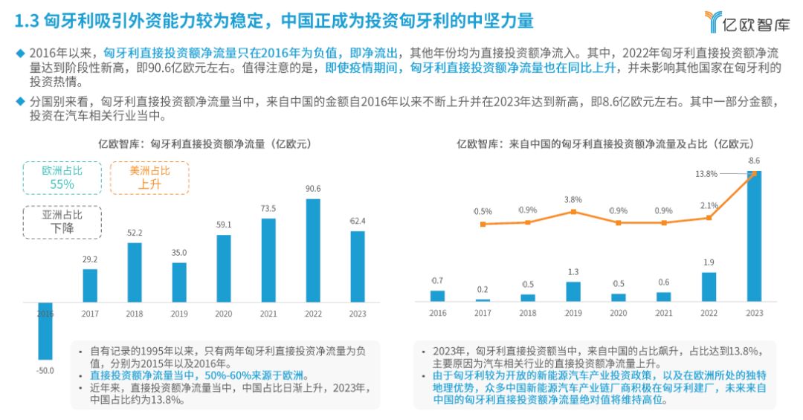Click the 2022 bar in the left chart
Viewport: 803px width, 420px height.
[313, 251]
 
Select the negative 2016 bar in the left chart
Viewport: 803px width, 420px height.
[45, 331]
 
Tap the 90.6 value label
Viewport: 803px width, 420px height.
[313, 189]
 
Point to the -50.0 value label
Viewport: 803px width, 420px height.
[45, 370]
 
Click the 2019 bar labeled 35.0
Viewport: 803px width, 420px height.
[179, 282]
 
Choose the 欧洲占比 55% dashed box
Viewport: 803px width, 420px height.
[62, 178]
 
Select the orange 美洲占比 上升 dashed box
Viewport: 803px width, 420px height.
[149, 178]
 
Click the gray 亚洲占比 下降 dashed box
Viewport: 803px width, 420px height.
[62, 222]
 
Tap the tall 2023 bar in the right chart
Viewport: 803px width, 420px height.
[755, 236]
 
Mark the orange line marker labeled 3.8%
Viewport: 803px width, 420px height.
[573, 212]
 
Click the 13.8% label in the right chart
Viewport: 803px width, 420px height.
[706, 174]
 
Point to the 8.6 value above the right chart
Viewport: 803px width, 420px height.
[754, 161]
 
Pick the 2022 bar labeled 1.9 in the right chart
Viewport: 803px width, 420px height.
[709, 287]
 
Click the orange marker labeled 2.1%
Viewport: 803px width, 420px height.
[709, 218]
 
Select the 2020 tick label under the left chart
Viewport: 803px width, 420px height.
[223, 314]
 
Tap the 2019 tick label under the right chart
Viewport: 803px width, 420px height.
[573, 313]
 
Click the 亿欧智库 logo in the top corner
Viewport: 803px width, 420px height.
[746, 22]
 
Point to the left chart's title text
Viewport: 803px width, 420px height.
[205, 144]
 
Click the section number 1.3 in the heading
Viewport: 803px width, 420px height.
[27, 21]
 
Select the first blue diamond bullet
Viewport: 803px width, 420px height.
[21, 53]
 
